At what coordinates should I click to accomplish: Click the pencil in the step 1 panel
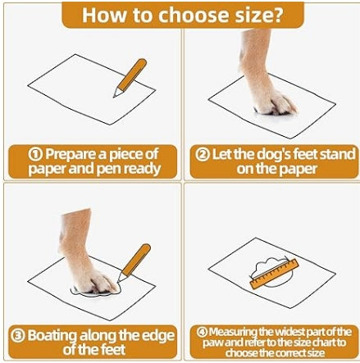130,78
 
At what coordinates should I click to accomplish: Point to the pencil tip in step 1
114,97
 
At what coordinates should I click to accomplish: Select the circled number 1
35,155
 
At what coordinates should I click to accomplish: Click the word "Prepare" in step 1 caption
71,154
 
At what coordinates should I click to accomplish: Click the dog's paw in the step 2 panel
276,105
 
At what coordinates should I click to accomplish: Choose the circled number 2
203,155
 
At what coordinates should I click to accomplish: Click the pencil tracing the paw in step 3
134,263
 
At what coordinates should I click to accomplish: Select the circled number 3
18,335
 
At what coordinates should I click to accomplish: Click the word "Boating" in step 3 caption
52,336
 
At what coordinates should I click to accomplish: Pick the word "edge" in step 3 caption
157,335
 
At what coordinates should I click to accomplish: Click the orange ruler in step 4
275,274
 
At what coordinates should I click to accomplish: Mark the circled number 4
203,332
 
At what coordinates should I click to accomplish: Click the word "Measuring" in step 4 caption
233,332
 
